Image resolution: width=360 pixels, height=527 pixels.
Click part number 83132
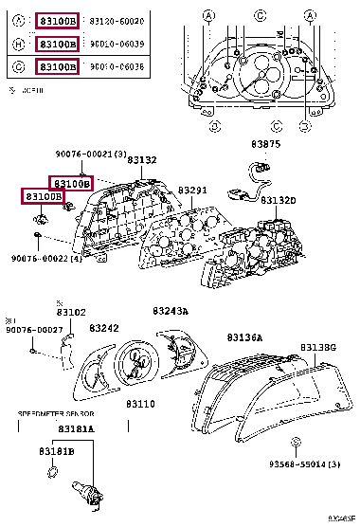tap(143, 162)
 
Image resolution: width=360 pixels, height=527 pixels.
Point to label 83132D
tap(279, 201)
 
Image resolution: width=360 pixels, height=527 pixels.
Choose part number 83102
tap(71, 312)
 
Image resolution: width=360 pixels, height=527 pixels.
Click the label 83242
tap(104, 328)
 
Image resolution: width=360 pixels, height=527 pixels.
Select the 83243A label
tap(171, 311)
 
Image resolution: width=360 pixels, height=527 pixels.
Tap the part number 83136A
tap(245, 336)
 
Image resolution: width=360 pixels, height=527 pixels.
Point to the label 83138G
tap(319, 348)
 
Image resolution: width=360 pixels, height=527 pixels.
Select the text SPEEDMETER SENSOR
tap(56, 414)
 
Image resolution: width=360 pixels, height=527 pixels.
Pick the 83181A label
tap(76, 428)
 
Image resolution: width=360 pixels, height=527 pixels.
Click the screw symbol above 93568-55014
tap(296, 442)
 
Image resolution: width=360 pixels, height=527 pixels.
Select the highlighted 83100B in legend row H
tap(57, 44)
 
